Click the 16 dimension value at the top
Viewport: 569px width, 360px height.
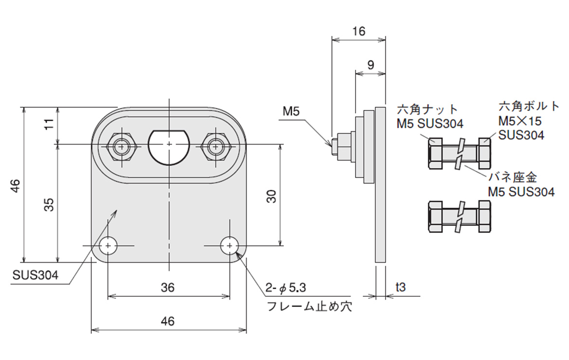pyautogui.click(x=358, y=32)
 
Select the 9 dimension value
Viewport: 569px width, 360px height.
pyautogui.click(x=371, y=64)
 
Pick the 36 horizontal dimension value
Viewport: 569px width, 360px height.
pyautogui.click(x=168, y=287)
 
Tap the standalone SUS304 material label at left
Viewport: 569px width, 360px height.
pyautogui.click(x=36, y=275)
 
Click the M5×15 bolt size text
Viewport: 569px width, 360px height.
pyautogui.click(x=519, y=120)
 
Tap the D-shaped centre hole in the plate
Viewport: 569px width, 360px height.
pyautogui.click(x=168, y=146)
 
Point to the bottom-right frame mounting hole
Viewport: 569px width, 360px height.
pyautogui.click(x=229, y=246)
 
